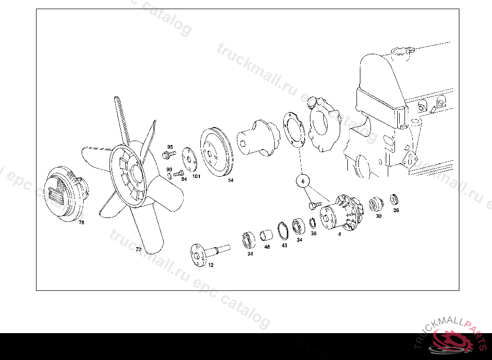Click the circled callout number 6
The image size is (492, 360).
pyautogui.click(x=303, y=181)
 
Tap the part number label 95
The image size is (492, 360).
pyautogui.click(x=170, y=147)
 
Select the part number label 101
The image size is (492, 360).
pyautogui.click(x=197, y=176)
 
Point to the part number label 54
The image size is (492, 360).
pyautogui.click(x=231, y=180)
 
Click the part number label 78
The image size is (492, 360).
pyautogui.click(x=82, y=222)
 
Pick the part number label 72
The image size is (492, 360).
pyautogui.click(x=138, y=249)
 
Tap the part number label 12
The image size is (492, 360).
pyautogui.click(x=211, y=265)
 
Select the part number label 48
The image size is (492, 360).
pyautogui.click(x=267, y=247)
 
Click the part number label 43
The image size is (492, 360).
pyautogui.click(x=284, y=245)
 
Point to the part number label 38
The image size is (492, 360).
pyautogui.click(x=313, y=233)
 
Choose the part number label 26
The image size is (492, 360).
pyautogui.click(x=396, y=210)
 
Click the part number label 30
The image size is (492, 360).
pyautogui.click(x=379, y=216)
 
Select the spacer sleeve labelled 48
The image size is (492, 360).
pyautogui.click(x=266, y=236)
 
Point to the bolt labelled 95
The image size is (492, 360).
pyautogui.click(x=169, y=154)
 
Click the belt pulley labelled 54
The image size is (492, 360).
pyautogui.click(x=217, y=152)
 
